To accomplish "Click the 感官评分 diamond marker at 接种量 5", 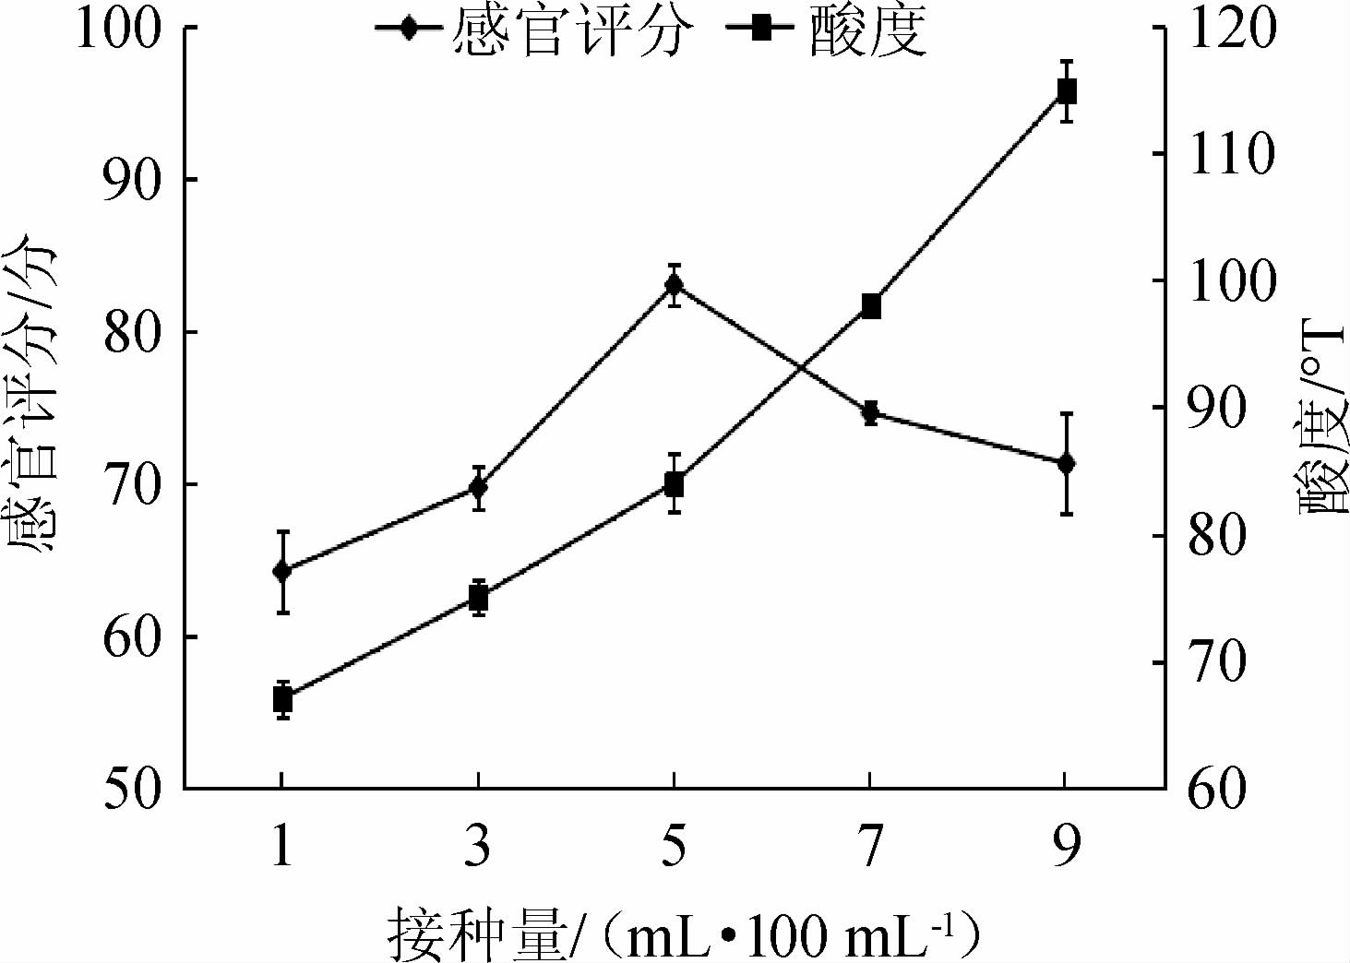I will coord(674,284).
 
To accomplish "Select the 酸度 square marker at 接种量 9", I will coord(1067,91).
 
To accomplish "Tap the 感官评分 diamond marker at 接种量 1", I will coord(282,571).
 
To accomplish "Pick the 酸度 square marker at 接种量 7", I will coord(871,306).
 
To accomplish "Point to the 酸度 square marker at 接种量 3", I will coord(478,599).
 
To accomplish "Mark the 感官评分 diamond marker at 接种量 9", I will coord(1067,463).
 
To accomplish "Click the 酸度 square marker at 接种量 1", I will coord(282,700).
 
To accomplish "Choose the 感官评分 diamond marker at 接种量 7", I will coord(870,412).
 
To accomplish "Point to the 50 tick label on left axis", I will coord(133,790).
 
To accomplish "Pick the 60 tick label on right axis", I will coord(1217,790).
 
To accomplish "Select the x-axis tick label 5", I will coord(674,845).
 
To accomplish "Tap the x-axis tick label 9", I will coord(1067,845).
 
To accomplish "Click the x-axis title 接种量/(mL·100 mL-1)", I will coord(683,933).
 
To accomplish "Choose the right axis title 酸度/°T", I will coord(1323,415).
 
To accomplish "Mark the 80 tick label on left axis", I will coord(133,332).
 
